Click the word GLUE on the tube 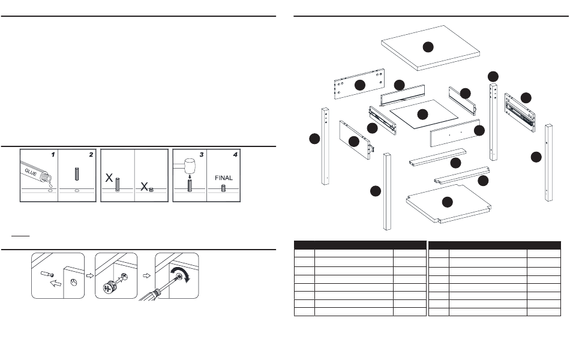tap(31, 172)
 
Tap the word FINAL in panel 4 tap(224, 178)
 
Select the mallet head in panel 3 tap(190, 166)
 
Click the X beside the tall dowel tap(109, 178)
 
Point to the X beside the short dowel tap(144, 187)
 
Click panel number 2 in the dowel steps tap(91, 155)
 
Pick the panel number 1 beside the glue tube tap(53, 155)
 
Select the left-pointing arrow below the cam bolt tap(55, 283)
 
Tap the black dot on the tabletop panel tap(428, 47)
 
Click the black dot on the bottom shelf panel tap(447, 202)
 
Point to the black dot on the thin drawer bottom tap(422, 114)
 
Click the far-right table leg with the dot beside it tap(548, 163)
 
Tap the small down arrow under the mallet tap(190, 177)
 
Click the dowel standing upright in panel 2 tap(77, 174)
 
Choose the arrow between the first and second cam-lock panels tap(90, 275)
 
